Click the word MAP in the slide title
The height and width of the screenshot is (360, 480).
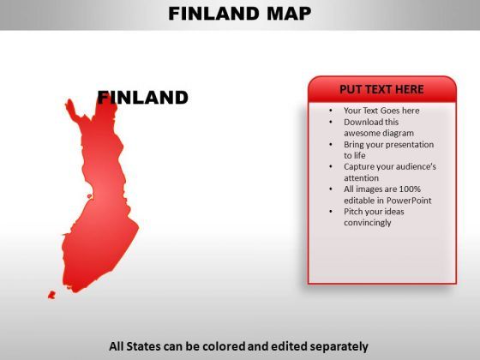(x=289, y=14)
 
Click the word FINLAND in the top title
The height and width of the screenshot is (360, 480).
(x=213, y=14)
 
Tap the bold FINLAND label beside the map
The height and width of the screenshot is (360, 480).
(x=142, y=98)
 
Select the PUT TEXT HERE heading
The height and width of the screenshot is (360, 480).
(x=381, y=89)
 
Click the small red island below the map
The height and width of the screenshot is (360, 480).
(x=51, y=295)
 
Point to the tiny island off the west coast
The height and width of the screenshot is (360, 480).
(x=89, y=196)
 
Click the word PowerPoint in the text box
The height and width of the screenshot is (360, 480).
(x=409, y=201)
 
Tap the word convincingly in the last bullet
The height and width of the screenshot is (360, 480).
(x=368, y=223)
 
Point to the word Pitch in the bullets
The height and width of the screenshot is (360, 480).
(x=353, y=212)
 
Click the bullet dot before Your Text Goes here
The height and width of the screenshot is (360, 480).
(x=331, y=111)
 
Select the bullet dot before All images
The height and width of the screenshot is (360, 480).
(x=331, y=189)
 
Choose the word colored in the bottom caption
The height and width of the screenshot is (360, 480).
(x=224, y=346)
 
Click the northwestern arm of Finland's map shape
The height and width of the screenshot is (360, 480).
(x=72, y=111)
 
